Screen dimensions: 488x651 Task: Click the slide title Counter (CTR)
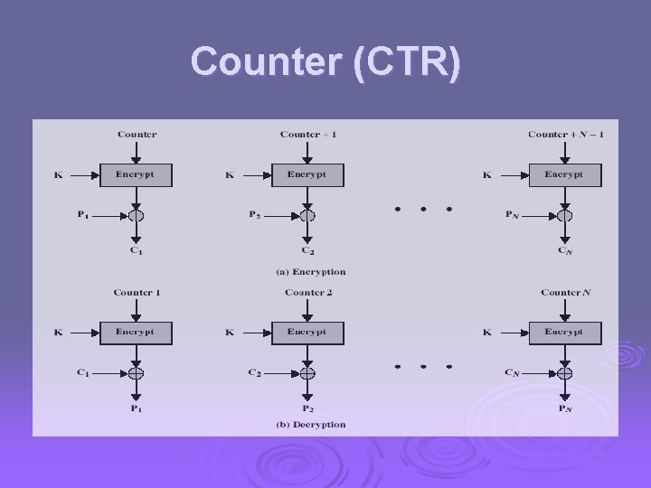(x=325, y=62)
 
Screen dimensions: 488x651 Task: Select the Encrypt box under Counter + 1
(x=307, y=174)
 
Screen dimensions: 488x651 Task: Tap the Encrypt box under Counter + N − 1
(x=565, y=174)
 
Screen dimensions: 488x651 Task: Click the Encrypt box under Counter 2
(x=307, y=333)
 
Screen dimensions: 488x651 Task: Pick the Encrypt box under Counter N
(x=565, y=333)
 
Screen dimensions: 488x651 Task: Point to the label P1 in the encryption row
(x=82, y=215)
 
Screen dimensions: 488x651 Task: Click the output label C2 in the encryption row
(x=308, y=250)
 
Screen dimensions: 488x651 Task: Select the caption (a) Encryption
(x=311, y=271)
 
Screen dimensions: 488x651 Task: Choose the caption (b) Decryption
(x=311, y=425)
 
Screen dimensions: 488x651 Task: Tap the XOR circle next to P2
(x=308, y=215)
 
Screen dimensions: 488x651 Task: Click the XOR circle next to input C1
(x=137, y=372)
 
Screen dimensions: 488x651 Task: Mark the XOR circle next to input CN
(x=565, y=372)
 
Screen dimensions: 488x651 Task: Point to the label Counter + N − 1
(x=566, y=135)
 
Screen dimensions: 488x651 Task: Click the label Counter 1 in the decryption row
(x=137, y=293)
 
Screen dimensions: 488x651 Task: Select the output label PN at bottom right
(x=565, y=408)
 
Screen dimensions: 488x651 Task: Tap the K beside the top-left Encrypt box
(x=58, y=175)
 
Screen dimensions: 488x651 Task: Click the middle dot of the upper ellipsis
(x=423, y=209)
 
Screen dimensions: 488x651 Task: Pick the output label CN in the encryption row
(x=565, y=250)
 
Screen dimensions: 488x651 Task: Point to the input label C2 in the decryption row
(x=255, y=372)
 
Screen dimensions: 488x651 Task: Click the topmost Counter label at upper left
(x=137, y=135)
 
